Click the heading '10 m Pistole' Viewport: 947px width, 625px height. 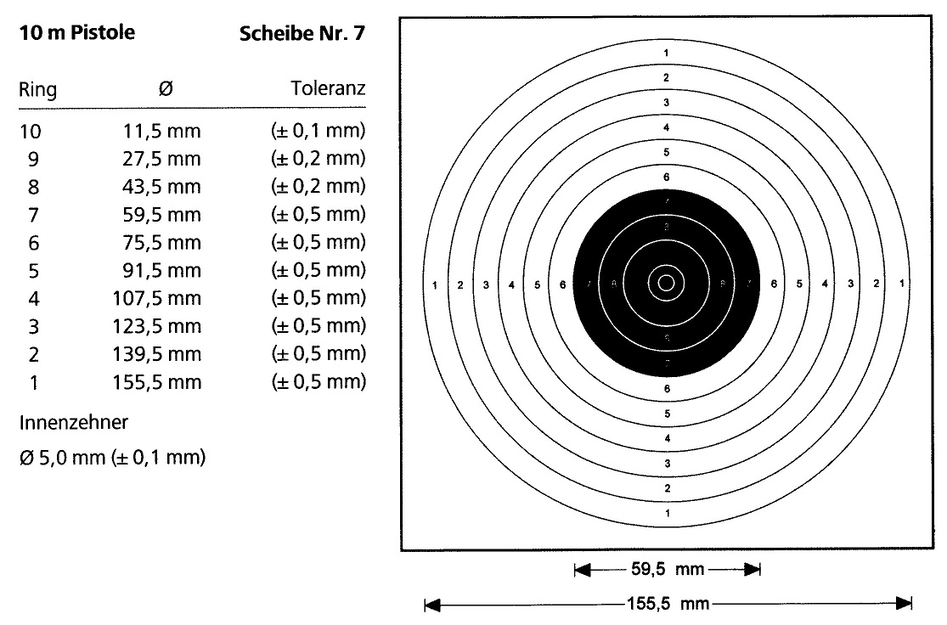coord(76,35)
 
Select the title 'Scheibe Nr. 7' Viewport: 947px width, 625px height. coord(303,35)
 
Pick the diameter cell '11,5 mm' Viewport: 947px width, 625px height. coord(156,132)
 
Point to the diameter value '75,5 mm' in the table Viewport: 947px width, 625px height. coord(156,243)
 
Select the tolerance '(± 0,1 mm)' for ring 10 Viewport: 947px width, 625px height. coord(318,132)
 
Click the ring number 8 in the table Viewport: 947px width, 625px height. coord(33,187)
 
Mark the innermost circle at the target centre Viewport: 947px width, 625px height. coord(666,283)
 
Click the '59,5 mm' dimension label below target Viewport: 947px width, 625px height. coord(667,570)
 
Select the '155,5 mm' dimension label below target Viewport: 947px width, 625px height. coord(667,605)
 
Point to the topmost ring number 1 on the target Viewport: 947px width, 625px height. coord(667,53)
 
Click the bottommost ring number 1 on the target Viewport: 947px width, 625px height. coord(667,513)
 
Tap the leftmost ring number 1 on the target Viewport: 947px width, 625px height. coord(435,284)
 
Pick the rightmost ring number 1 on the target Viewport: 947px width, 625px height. coord(900,284)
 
